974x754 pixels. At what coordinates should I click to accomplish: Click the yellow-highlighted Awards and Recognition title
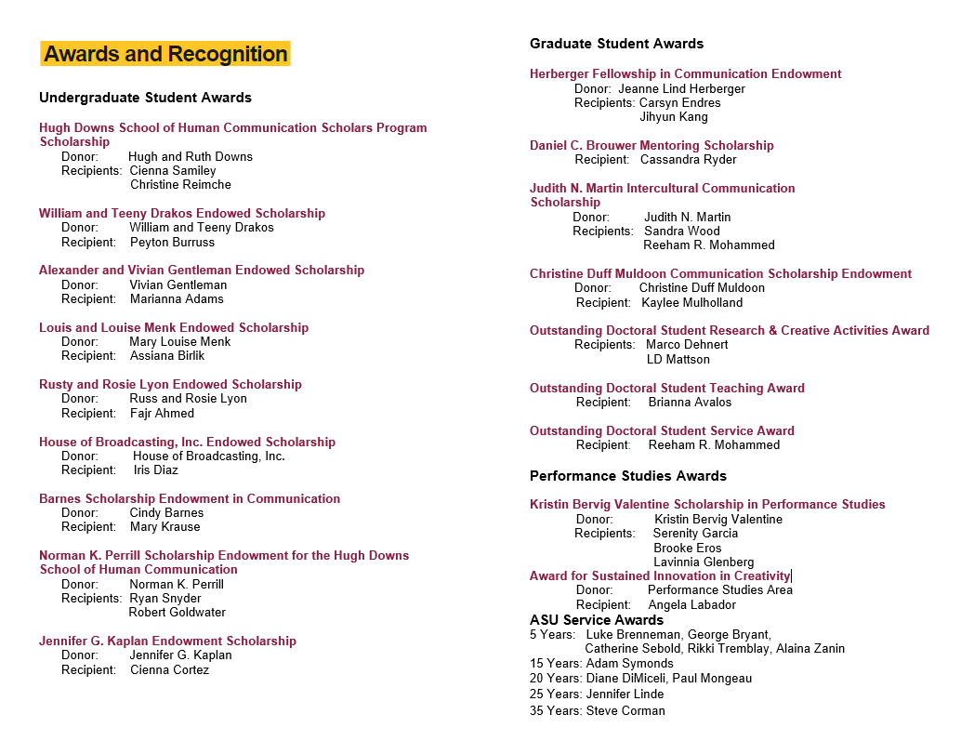coord(165,54)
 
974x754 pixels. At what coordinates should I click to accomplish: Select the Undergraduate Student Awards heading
coord(145,98)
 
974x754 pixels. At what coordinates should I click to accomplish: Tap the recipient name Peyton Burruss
coord(172,242)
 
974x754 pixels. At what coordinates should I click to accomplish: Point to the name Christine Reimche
coord(180,185)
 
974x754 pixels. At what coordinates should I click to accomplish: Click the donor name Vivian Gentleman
coord(178,284)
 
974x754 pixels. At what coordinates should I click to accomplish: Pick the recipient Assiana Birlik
coord(167,355)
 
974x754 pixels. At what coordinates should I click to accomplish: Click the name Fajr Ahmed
coord(162,413)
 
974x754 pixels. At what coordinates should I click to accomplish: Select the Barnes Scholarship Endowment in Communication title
coord(190,498)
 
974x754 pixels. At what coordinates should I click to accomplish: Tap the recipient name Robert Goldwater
coord(177,613)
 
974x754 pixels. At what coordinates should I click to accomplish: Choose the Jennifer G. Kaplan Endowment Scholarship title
coord(167,641)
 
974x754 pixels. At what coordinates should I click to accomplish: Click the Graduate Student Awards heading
coord(616,44)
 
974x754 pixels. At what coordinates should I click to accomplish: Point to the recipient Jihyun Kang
coord(674,117)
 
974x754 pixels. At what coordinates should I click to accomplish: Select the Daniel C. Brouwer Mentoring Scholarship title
coord(652,145)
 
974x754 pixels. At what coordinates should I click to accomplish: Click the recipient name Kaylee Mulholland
coord(692,302)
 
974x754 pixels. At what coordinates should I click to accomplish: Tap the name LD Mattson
coord(678,359)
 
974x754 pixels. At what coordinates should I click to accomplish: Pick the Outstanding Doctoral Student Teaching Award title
coord(667,388)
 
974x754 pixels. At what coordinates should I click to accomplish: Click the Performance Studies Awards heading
coord(628,476)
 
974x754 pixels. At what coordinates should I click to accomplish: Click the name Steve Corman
coord(625,710)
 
